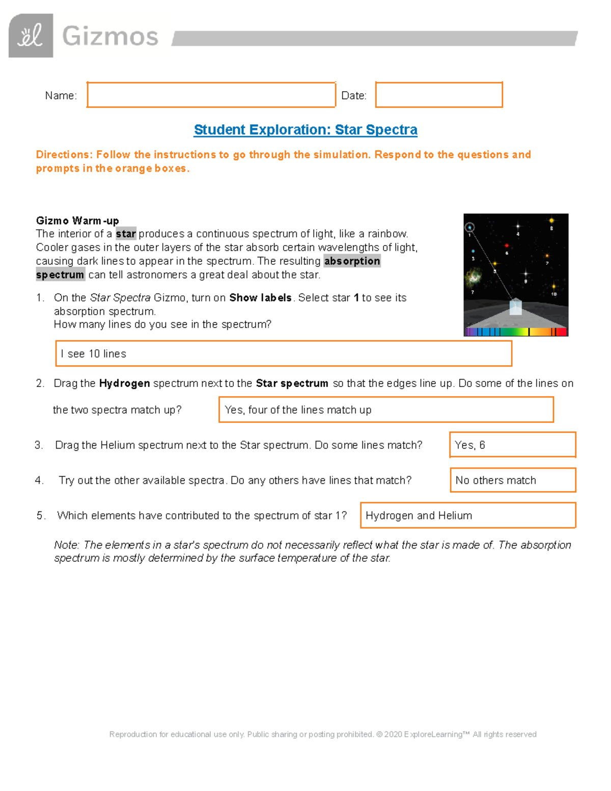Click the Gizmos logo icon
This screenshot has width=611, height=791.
[31, 36]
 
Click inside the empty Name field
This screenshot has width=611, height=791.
[211, 95]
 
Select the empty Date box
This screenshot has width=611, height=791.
[439, 95]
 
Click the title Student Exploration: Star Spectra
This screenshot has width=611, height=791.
[305, 130]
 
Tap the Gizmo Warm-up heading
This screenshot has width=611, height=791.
[77, 221]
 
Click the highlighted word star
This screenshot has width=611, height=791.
[126, 234]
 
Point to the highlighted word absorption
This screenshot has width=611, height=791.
[352, 261]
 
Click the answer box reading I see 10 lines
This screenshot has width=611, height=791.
[283, 353]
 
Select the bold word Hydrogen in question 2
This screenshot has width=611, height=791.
[124, 383]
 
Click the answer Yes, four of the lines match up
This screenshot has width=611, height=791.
[386, 410]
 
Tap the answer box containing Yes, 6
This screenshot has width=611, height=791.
[512, 445]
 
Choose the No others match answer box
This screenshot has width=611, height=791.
[512, 480]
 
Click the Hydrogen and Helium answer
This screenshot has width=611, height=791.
[467, 515]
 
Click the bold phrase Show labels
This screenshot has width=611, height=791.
[260, 297]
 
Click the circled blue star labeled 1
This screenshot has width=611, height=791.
[470, 228]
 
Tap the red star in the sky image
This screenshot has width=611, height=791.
[507, 246]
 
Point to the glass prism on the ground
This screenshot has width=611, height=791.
[516, 307]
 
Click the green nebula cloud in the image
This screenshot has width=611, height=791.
[474, 277]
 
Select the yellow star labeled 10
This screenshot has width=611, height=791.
[554, 287]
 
